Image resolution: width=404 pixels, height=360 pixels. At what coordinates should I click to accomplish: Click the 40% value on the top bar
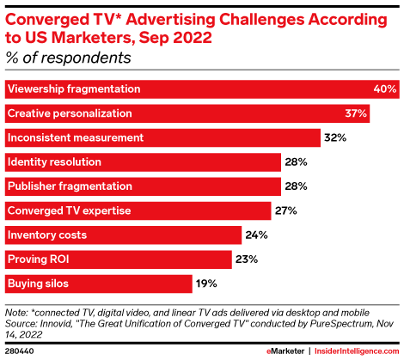[x=384, y=89]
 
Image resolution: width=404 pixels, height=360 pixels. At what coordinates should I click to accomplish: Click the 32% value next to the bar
[x=334, y=137]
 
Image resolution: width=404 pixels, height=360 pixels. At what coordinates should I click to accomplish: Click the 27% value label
[x=287, y=210]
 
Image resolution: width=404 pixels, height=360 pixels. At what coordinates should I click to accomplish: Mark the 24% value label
[x=255, y=234]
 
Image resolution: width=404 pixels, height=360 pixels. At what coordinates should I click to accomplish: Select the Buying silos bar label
[x=37, y=283]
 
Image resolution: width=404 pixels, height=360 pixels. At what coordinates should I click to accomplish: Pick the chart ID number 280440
[x=20, y=352]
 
